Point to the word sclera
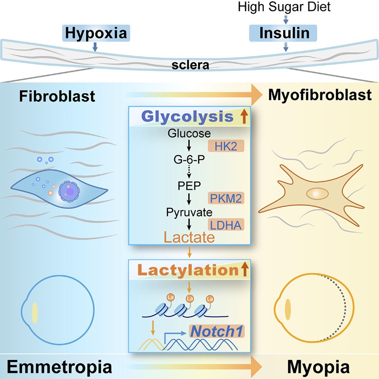pos(190,65)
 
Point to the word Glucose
pos(189,134)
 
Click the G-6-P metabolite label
pos(189,160)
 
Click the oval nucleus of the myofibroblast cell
pos(317,195)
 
